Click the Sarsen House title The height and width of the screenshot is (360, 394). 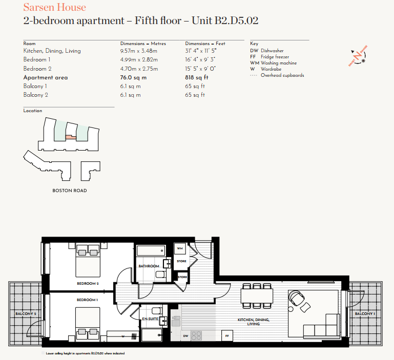55,8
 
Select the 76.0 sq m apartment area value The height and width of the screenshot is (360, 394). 133,78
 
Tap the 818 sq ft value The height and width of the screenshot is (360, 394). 197,78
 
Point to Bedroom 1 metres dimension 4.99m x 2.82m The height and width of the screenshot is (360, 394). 139,60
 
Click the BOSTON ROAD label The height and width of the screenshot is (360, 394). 70,190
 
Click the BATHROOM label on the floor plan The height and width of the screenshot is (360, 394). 149,266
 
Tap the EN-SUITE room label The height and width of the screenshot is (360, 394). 150,319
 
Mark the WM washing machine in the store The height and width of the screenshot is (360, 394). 179,248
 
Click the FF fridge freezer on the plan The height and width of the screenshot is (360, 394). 226,336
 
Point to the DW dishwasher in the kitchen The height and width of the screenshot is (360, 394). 185,336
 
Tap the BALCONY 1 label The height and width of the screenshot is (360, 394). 365,313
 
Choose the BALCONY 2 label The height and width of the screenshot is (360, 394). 26,313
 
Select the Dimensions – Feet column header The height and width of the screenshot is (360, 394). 205,44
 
